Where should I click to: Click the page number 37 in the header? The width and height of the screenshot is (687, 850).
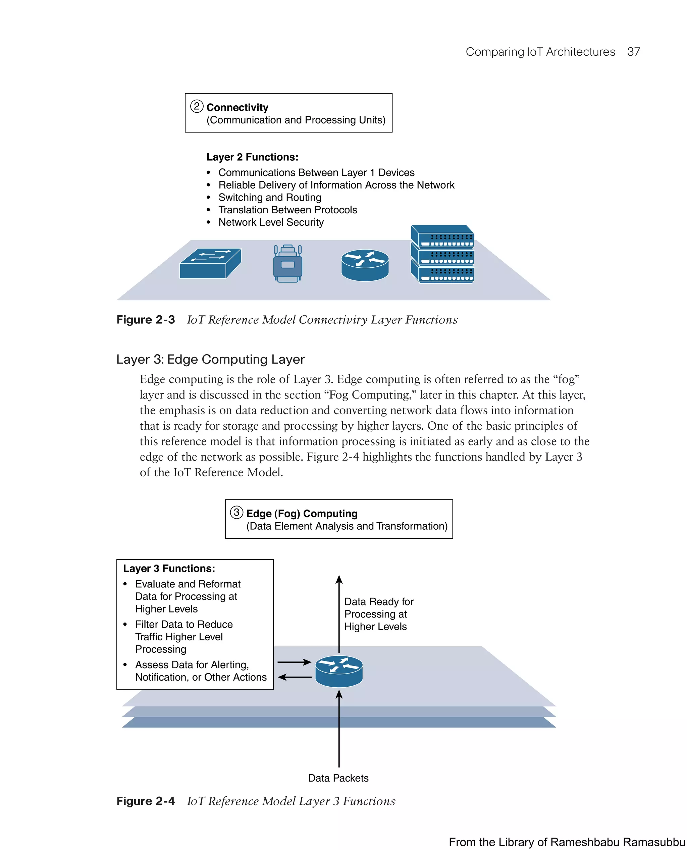click(x=633, y=52)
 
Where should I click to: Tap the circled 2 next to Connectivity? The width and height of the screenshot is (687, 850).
click(x=197, y=106)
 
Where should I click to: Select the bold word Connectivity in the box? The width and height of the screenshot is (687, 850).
click(x=237, y=107)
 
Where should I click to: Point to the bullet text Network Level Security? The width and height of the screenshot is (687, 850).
click(x=271, y=222)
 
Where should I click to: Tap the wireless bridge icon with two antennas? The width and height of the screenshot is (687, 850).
click(x=288, y=264)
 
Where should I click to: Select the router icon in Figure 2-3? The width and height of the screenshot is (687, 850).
click(x=365, y=265)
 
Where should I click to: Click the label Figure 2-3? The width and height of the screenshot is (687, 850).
click(x=145, y=320)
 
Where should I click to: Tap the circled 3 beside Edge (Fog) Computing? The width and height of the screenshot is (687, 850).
click(x=236, y=513)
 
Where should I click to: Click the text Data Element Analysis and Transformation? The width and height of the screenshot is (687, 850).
click(x=347, y=526)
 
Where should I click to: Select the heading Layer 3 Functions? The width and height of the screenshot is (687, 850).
click(x=169, y=569)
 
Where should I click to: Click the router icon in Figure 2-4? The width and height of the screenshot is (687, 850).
click(x=339, y=671)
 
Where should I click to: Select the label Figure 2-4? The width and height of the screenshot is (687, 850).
click(x=145, y=801)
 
